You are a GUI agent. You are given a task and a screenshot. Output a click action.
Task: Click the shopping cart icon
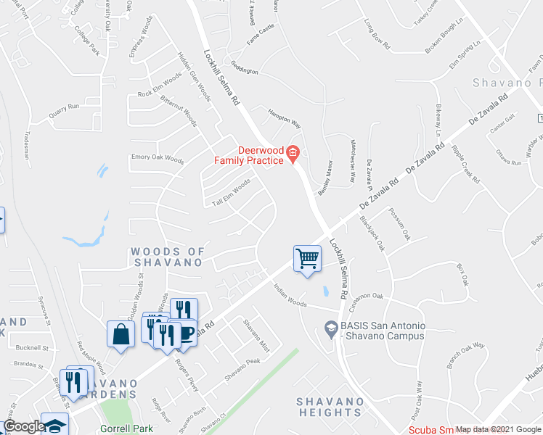pyautogui.click(x=307, y=258)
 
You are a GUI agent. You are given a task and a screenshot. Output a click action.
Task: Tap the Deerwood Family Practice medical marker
pyautogui.click(x=293, y=152)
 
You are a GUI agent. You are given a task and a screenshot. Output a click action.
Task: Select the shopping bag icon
pyautogui.click(x=121, y=333)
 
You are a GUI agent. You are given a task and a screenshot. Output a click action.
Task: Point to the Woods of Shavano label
pyautogui.click(x=166, y=257)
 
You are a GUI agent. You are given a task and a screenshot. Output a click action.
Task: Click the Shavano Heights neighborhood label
pyautogui.click(x=330, y=407)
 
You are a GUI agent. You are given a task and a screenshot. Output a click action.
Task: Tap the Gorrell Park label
pyautogui.click(x=128, y=428)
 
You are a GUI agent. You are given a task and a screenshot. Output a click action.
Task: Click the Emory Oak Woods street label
pyautogui.click(x=158, y=157)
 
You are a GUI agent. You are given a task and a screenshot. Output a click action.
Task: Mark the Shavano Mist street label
pyautogui.click(x=256, y=336)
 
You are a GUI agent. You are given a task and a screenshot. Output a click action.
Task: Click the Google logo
pyautogui.click(x=23, y=427)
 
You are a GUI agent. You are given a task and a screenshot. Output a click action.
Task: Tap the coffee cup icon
pyautogui.click(x=187, y=333)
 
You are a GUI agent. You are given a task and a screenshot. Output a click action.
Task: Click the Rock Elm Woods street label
pyautogui.click(x=160, y=86)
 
